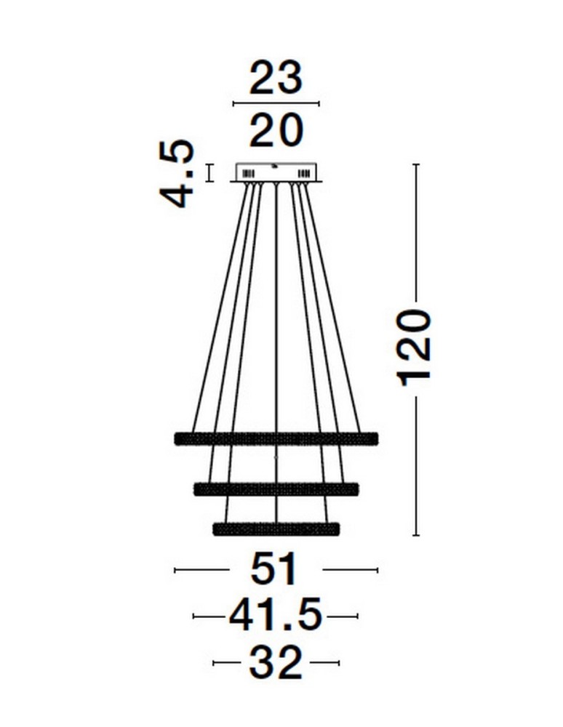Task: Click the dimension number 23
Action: [x=275, y=78]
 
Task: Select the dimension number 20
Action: [x=275, y=132]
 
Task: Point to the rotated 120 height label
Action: [x=415, y=344]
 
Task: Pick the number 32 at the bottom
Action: [x=275, y=663]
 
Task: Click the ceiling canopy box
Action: [x=276, y=172]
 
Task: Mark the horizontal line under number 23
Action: [x=275, y=105]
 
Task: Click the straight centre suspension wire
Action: [x=276, y=305]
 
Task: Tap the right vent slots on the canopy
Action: [x=304, y=174]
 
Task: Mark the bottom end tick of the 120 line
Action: [x=415, y=536]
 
